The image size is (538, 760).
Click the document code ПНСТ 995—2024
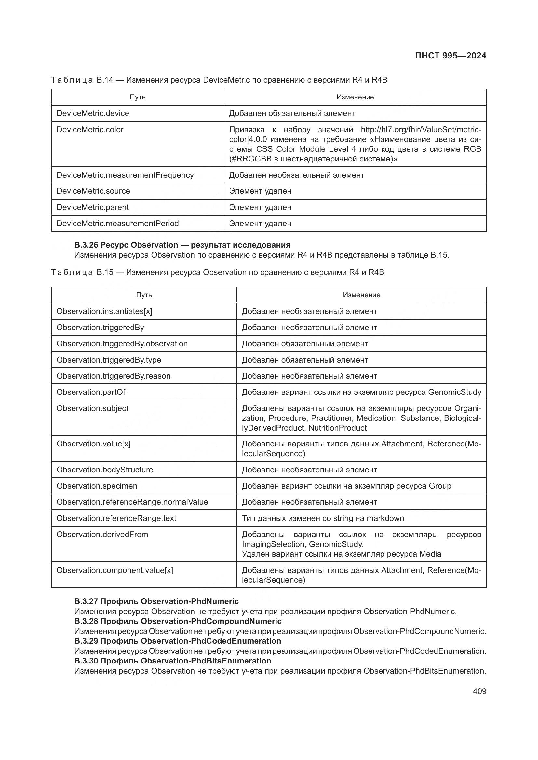click(x=450, y=56)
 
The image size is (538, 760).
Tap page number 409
click(x=479, y=691)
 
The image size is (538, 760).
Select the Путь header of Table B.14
click(x=138, y=97)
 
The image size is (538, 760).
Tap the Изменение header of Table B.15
click(x=361, y=295)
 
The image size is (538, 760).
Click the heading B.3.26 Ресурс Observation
click(x=182, y=245)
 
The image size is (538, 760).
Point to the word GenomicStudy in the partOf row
click(x=454, y=392)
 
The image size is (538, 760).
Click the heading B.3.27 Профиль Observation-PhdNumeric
click(x=156, y=601)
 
